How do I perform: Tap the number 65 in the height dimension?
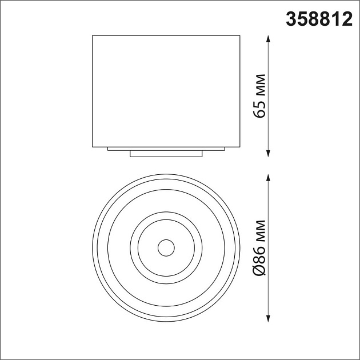[260, 107]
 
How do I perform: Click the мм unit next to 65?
[260, 85]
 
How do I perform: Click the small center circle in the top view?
[166, 247]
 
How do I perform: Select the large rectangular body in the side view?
[166, 91]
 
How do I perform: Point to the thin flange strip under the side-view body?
[166, 149]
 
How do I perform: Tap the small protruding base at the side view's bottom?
[166, 154]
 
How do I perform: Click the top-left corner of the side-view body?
[93, 37]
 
